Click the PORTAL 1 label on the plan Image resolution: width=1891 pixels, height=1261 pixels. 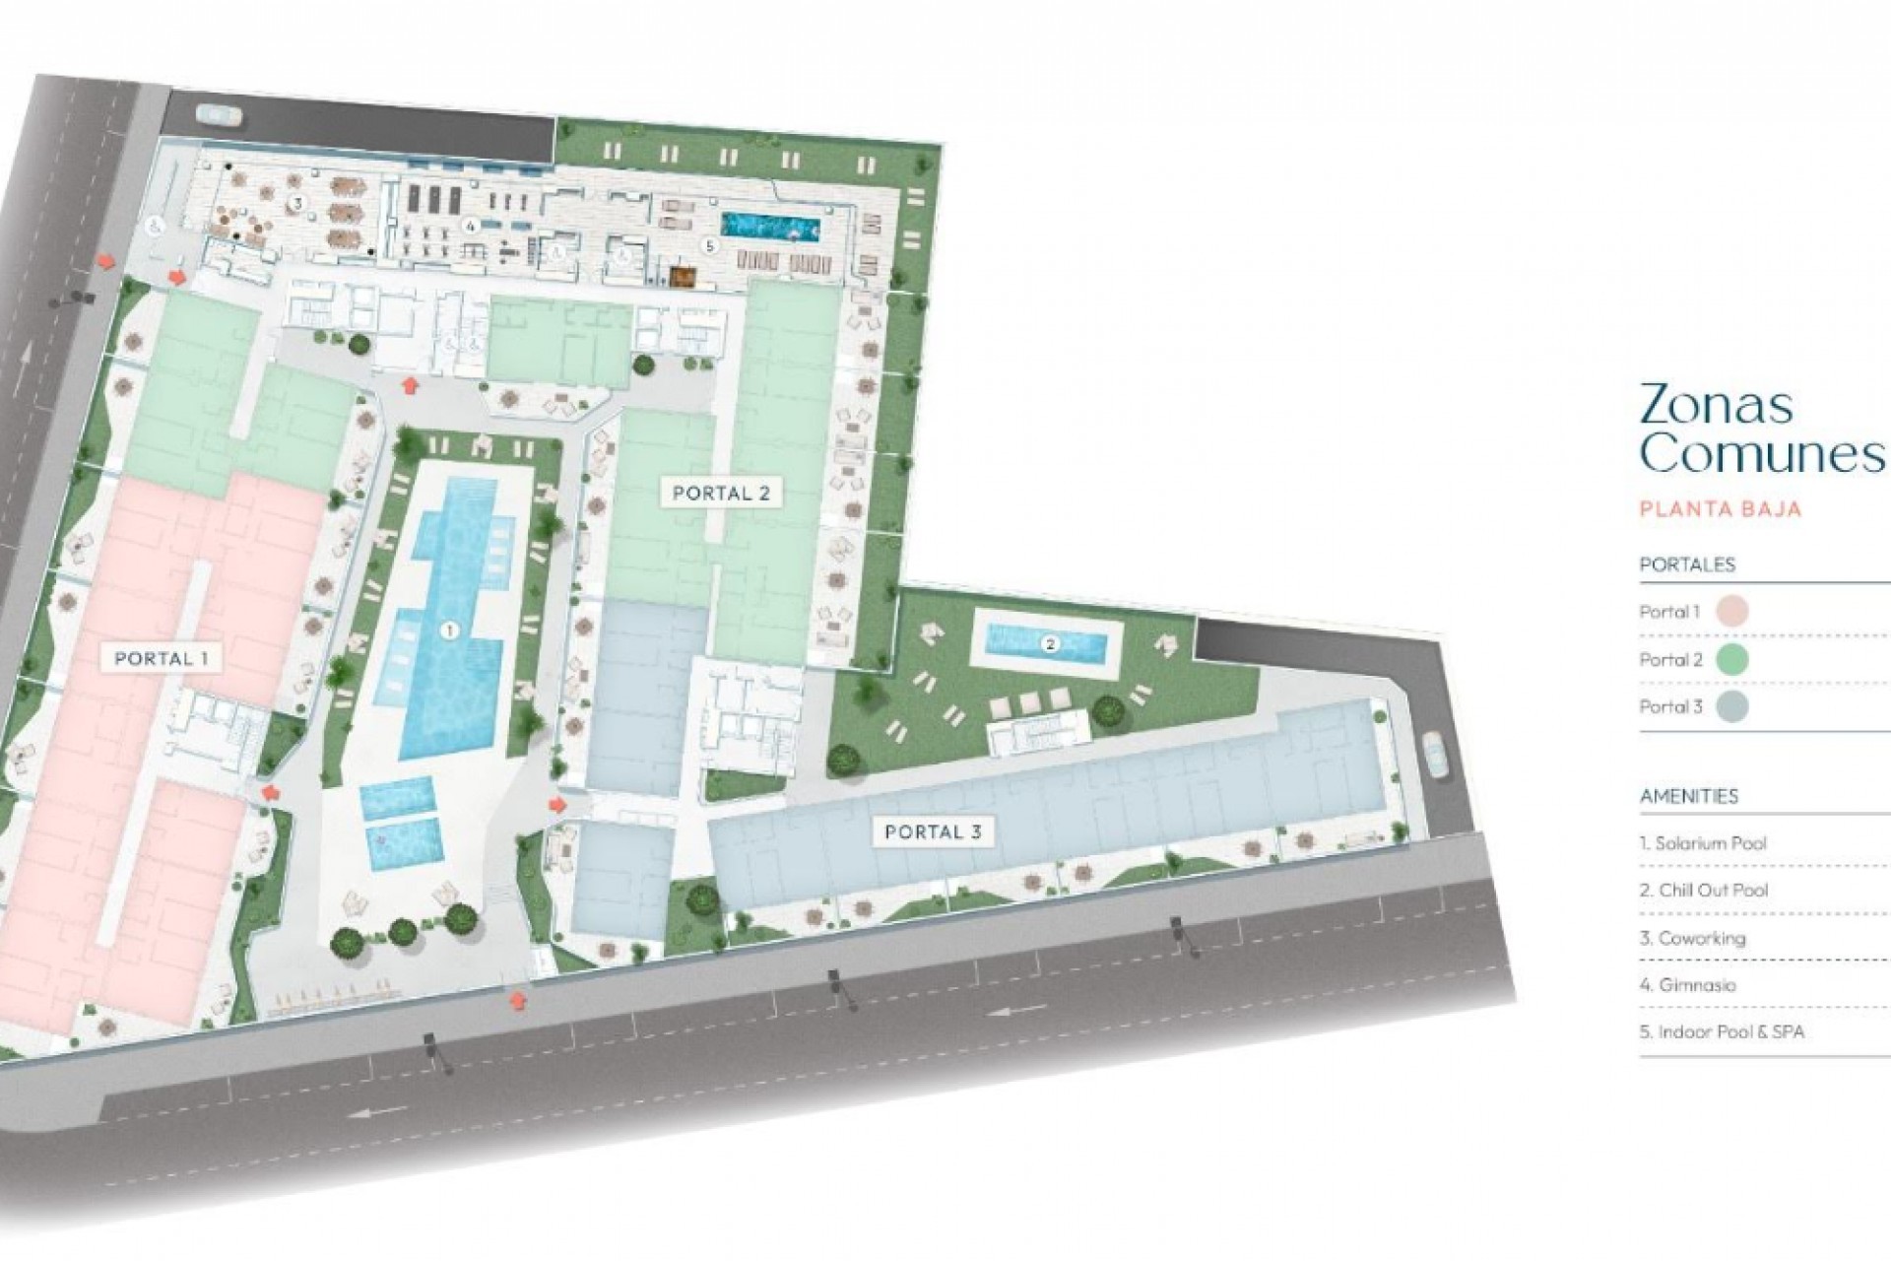pos(162,658)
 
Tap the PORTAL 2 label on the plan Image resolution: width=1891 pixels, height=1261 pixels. pos(721,493)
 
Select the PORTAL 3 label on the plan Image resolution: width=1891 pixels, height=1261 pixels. pos(933,831)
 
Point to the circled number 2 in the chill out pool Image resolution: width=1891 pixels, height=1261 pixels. pos(1050,645)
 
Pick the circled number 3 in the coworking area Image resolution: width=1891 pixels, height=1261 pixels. pos(294,204)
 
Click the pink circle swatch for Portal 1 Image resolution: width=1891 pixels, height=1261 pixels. pos(1730,611)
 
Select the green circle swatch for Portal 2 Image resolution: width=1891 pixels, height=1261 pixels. pos(1730,659)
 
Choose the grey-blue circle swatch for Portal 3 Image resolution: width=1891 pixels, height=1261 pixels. pos(1730,706)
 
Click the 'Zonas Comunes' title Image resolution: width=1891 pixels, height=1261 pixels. pos(1758,429)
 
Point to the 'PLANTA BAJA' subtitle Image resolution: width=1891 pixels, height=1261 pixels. pos(1720,509)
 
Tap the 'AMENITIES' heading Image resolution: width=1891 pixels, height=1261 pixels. pos(1688,796)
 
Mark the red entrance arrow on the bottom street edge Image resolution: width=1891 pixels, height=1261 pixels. pos(516,1002)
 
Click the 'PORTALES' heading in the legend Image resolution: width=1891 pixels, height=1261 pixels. pos(1686,564)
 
